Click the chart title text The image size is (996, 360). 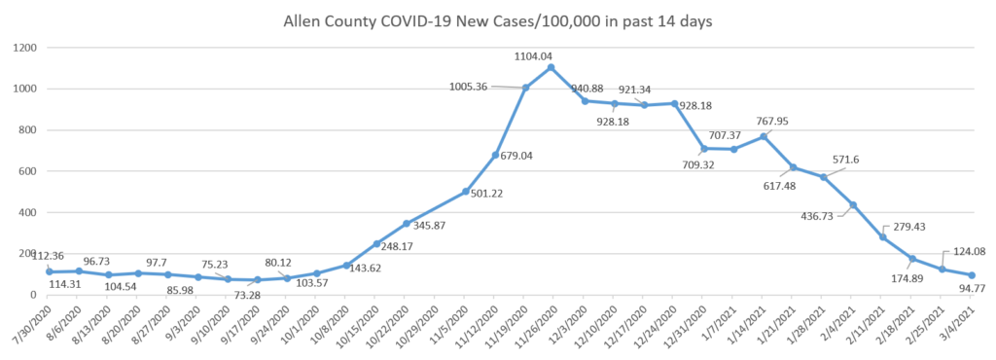click(497, 22)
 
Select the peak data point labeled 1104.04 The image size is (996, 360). click(551, 67)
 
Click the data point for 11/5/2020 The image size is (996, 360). click(466, 191)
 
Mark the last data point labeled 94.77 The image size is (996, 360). click(972, 275)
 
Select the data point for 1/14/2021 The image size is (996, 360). click(764, 136)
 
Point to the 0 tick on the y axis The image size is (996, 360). click(33, 295)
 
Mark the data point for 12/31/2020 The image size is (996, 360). click(704, 149)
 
